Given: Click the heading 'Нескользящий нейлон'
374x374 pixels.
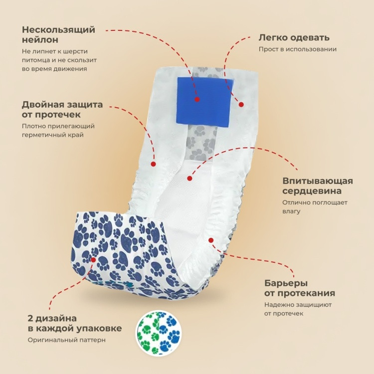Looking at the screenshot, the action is click(x=58, y=34).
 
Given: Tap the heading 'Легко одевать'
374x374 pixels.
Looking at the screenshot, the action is click(x=294, y=38).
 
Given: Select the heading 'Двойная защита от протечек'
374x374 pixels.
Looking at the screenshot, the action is click(x=62, y=110).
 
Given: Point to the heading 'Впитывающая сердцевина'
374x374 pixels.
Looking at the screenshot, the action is click(x=318, y=186).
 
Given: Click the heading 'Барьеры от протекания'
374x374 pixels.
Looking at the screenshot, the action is click(x=300, y=288).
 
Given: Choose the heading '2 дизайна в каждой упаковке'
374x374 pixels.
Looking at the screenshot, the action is click(x=75, y=324).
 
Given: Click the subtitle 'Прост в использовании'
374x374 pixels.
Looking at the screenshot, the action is click(x=298, y=49).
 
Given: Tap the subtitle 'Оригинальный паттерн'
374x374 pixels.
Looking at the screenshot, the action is click(x=66, y=340).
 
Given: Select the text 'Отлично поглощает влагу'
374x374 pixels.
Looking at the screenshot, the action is click(x=315, y=207).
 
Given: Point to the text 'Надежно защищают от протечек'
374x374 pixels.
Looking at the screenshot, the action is click(x=298, y=309).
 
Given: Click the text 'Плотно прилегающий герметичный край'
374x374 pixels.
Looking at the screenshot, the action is click(x=58, y=130).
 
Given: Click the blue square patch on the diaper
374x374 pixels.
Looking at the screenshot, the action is click(x=204, y=101).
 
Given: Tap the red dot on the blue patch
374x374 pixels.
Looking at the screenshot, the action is click(x=197, y=99).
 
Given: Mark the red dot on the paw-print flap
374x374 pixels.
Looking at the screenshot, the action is click(x=93, y=259).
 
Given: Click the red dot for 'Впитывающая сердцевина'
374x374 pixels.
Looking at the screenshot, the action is click(x=189, y=178).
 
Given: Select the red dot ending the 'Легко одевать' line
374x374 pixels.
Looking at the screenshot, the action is click(x=241, y=105).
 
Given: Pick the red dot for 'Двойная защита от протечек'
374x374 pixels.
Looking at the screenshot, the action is click(x=154, y=164).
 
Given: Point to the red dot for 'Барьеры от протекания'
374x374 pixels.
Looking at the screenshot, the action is click(x=211, y=240).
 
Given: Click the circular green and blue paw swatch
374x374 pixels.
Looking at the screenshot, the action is click(x=159, y=333).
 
